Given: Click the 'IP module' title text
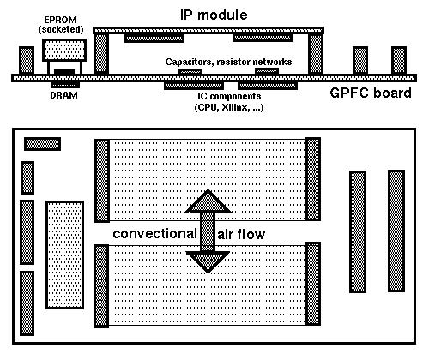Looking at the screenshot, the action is click(x=214, y=15).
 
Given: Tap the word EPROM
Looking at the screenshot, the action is click(x=60, y=20).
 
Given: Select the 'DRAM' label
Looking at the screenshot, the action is click(x=63, y=95).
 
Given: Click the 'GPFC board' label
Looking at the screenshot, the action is click(x=371, y=93).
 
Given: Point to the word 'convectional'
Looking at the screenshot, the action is click(x=154, y=234).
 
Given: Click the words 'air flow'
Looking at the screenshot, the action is click(x=241, y=234).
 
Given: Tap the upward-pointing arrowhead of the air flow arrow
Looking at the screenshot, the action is click(x=208, y=201).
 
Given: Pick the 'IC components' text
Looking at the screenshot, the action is click(x=229, y=96).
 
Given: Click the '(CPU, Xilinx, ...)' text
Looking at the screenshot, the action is click(x=229, y=107).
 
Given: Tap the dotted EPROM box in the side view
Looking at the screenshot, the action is click(x=64, y=50).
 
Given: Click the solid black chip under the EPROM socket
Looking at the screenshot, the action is click(x=64, y=71).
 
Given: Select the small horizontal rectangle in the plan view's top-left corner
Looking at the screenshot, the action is click(x=42, y=144).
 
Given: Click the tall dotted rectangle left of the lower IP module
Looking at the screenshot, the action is click(x=65, y=255).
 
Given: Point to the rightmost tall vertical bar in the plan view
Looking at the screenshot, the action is click(x=396, y=231).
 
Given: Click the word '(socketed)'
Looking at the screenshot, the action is click(x=61, y=29).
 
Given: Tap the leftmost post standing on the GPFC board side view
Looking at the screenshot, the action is click(x=27, y=61).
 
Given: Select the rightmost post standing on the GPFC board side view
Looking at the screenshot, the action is click(x=399, y=61).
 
